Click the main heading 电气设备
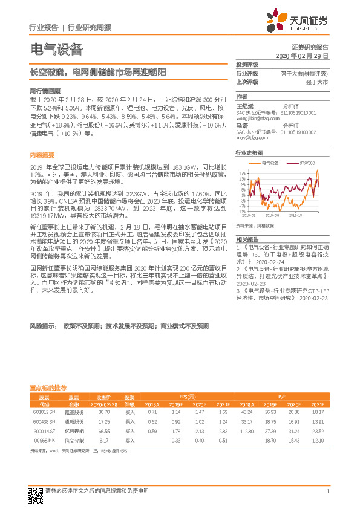point(56,50)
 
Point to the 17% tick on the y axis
point(242,173)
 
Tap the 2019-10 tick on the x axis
point(296,215)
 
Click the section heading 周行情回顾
point(45,90)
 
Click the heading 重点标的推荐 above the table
point(48,387)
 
